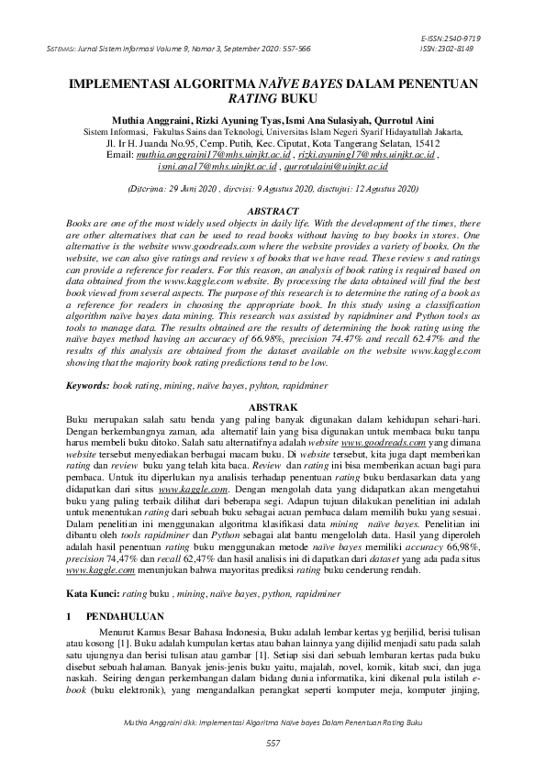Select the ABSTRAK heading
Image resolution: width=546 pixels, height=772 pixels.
[x=273, y=404]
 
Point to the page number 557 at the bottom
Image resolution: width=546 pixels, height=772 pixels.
[x=273, y=741]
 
